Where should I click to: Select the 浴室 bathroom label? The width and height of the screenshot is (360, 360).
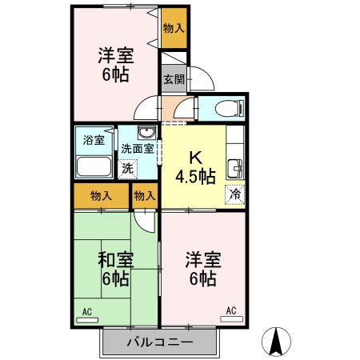click(94, 141)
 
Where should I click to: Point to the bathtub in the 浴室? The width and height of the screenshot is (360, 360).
click(95, 166)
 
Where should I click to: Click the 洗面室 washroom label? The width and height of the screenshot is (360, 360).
click(137, 149)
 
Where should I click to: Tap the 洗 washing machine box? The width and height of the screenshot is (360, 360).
click(128, 169)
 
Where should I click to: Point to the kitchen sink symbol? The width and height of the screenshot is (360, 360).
click(235, 168)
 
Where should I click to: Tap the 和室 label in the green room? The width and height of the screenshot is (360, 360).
click(117, 259)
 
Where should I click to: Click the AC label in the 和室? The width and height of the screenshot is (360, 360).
click(86, 309)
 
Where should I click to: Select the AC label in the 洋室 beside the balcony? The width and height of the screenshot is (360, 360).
click(231, 310)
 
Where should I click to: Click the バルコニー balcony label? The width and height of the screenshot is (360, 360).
click(159, 342)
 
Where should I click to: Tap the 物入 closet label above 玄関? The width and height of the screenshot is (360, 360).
click(173, 28)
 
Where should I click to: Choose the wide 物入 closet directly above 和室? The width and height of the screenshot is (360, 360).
click(101, 195)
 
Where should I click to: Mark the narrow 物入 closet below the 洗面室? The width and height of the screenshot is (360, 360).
click(145, 195)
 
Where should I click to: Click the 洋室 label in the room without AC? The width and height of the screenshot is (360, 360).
click(115, 58)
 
